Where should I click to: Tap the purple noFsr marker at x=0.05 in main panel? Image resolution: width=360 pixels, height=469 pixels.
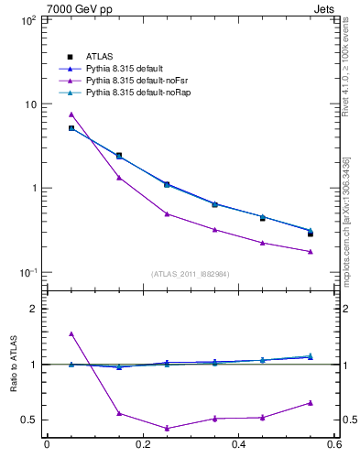click(71, 115)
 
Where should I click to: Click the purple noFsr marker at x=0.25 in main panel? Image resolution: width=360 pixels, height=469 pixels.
click(167, 213)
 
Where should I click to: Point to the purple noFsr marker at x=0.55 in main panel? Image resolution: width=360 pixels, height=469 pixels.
click(311, 251)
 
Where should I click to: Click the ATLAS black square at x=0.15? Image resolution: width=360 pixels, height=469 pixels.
click(119, 156)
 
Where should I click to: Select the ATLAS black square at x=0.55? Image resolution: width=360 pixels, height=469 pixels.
click(311, 234)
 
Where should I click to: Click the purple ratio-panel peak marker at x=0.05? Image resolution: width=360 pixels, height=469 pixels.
click(71, 333)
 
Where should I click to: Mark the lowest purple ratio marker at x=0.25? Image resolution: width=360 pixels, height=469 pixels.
click(167, 428)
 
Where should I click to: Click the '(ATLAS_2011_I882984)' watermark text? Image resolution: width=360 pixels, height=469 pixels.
click(191, 274)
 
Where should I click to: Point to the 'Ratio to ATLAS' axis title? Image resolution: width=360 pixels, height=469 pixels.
click(13, 364)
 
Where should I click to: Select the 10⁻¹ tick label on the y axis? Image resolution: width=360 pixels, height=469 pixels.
click(27, 272)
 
